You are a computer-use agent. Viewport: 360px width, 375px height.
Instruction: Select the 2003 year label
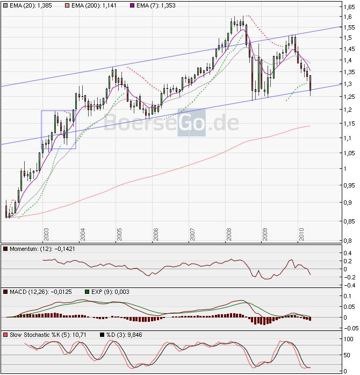click(x=47, y=236)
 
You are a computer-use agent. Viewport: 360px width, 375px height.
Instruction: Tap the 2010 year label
click(x=302, y=236)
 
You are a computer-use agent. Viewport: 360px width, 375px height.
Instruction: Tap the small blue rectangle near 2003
click(x=59, y=129)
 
